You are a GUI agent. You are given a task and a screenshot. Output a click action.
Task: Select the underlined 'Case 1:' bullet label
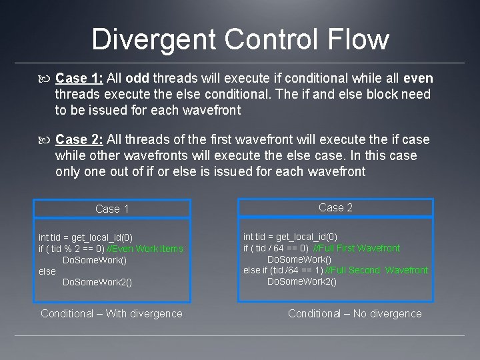click(x=77, y=77)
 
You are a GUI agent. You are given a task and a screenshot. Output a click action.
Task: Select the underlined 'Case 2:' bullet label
click(x=77, y=139)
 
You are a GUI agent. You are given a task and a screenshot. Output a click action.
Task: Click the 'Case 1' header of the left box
click(x=112, y=209)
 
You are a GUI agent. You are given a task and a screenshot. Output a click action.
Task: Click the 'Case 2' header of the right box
click(x=335, y=207)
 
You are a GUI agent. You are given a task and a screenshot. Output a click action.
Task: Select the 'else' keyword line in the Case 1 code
click(x=47, y=271)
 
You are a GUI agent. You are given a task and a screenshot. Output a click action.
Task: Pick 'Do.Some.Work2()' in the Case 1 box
click(x=97, y=282)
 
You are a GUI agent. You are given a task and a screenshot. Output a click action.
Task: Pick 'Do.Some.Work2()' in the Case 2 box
click(x=302, y=281)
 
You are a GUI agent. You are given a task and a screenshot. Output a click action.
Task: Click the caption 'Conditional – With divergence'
click(x=111, y=313)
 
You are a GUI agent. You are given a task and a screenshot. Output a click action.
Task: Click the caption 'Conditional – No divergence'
click(x=355, y=313)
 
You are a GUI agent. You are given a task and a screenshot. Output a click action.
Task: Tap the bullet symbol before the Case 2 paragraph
click(x=44, y=140)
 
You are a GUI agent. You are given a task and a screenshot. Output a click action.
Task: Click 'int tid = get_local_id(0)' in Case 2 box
click(x=290, y=237)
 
